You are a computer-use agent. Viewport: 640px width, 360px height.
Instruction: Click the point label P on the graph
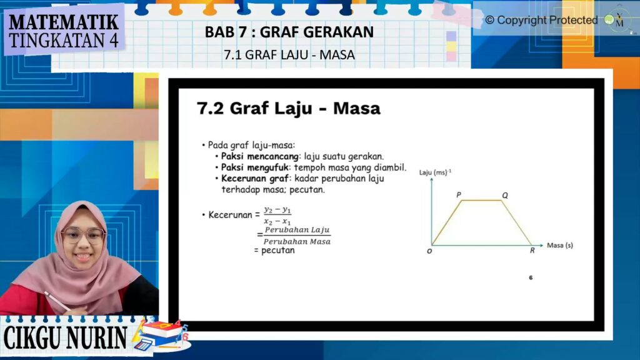point(459,195)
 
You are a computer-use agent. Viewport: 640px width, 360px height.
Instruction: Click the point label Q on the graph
point(505,196)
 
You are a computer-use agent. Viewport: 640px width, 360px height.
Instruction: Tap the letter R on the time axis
point(532,250)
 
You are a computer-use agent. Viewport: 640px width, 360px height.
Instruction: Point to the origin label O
point(429,251)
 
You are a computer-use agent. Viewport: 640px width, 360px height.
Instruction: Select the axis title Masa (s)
point(559,245)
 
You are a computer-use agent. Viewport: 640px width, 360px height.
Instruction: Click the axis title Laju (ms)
point(435,172)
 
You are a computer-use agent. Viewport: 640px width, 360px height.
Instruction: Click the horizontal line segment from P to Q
point(482,201)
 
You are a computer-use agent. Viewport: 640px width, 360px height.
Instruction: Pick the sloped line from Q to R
point(517,223)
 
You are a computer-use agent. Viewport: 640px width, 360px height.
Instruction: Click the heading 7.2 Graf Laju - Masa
point(289,108)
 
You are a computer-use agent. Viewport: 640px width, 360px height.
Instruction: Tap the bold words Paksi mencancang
point(259,156)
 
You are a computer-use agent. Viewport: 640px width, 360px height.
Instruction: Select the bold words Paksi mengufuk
point(255,167)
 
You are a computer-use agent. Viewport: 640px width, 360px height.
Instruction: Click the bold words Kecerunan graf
point(255,178)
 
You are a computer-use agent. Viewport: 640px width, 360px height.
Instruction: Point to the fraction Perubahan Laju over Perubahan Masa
point(297,236)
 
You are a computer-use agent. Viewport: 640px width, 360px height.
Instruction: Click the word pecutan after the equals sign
point(278,250)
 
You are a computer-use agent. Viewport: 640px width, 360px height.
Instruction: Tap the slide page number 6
point(531,277)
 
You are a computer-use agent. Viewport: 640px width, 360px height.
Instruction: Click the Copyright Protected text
point(541,20)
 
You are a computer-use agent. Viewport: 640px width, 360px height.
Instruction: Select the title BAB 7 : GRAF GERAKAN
point(289,32)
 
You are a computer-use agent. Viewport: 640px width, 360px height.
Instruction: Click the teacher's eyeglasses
point(83,235)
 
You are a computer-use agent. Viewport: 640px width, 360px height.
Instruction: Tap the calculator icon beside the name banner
point(143,344)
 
